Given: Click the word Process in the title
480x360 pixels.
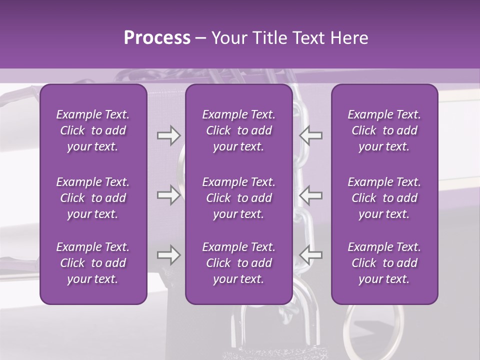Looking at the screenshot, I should click(x=157, y=38).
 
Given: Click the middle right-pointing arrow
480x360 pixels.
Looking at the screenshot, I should click(x=168, y=195).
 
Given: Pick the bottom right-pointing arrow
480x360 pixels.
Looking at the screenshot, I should click(x=168, y=255).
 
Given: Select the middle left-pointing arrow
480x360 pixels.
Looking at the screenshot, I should click(x=310, y=195).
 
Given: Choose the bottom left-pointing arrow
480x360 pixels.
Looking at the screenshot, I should click(x=310, y=255).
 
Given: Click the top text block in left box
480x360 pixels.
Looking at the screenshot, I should click(x=93, y=130).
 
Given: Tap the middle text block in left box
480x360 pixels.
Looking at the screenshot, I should click(x=93, y=198).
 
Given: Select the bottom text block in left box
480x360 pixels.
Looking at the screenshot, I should click(x=93, y=263).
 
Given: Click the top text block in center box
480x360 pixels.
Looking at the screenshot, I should click(x=238, y=130).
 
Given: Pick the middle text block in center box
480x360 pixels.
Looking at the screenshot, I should click(x=238, y=198).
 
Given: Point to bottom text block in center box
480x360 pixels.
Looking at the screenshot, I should click(x=238, y=263).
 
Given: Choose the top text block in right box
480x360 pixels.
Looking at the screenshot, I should click(x=384, y=130).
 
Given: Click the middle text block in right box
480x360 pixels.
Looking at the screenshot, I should click(x=384, y=198).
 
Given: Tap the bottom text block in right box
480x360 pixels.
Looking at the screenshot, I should click(x=384, y=263).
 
